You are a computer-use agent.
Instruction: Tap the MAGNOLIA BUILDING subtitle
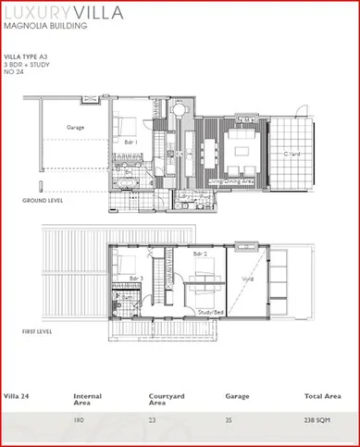[x=46, y=27]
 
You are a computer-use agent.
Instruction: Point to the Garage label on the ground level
[x=76, y=126]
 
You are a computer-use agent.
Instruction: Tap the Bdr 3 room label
[x=137, y=277]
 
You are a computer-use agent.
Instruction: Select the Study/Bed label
[x=211, y=312]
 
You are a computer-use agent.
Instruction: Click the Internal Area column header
[x=88, y=400]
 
